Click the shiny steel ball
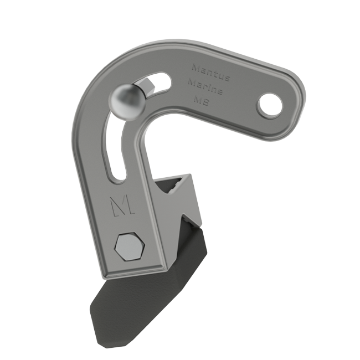[127, 101]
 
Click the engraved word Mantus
[210, 71]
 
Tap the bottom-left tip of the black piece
[92, 311]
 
